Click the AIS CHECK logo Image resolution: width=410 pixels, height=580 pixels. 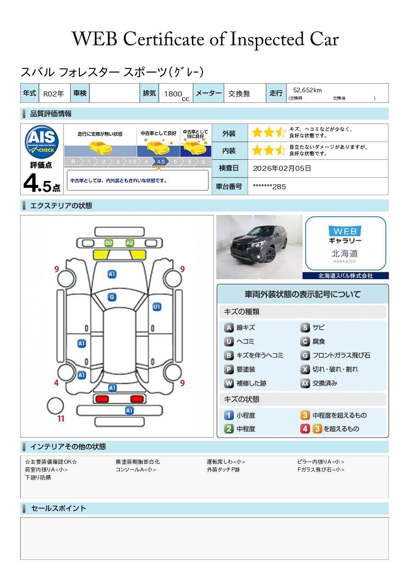pyautogui.click(x=42, y=141)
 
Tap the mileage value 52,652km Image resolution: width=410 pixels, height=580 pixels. pyautogui.click(x=307, y=90)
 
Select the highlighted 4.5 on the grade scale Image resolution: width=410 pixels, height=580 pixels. pyautogui.click(x=161, y=162)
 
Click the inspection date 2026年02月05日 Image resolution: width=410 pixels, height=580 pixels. pyautogui.click(x=282, y=168)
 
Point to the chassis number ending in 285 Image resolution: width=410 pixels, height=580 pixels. pyautogui.click(x=270, y=186)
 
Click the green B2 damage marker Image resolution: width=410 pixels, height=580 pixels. pyautogui.click(x=109, y=243)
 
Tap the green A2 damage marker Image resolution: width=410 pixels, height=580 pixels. pyautogui.click(x=129, y=243)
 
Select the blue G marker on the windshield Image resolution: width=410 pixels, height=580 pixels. pyautogui.click(x=112, y=297)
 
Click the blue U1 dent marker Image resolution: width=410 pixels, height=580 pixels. pyautogui.click(x=157, y=307)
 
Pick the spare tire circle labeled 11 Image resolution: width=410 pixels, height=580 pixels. pyautogui.click(x=55, y=405)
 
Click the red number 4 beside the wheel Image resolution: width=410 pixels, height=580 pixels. pyautogui.click(x=56, y=383)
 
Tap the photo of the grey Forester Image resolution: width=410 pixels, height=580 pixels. pyautogui.click(x=259, y=247)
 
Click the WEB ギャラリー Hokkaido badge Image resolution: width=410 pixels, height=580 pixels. pyautogui.click(x=346, y=243)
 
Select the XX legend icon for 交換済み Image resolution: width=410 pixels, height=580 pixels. pyautogui.click(x=305, y=383)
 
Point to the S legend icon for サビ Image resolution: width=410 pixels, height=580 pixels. pyautogui.click(x=305, y=327)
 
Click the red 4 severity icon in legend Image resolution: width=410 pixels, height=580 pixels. pyautogui.click(x=305, y=429)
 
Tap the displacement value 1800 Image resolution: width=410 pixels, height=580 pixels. pyautogui.click(x=173, y=94)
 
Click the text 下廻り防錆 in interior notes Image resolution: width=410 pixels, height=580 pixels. pyautogui.click(x=38, y=478)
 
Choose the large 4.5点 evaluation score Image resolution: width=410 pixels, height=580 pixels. pyautogui.click(x=42, y=183)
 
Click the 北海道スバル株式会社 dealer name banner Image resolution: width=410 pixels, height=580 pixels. pyautogui.click(x=346, y=276)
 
